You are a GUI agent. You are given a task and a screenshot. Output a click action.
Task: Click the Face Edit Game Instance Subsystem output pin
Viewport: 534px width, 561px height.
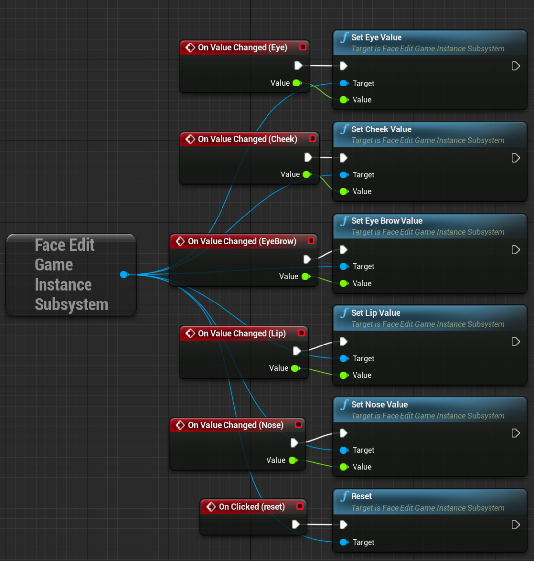[124, 274]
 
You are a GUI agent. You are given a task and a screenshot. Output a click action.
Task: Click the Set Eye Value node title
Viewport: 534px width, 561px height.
[376, 37]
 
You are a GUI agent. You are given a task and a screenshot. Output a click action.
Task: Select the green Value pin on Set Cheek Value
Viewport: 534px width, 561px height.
[344, 191]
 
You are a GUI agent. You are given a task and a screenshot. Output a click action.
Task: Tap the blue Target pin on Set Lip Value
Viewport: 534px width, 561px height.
[344, 358]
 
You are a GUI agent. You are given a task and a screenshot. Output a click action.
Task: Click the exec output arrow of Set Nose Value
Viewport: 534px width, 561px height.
[515, 433]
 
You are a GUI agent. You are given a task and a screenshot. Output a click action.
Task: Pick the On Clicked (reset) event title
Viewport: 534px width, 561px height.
[252, 507]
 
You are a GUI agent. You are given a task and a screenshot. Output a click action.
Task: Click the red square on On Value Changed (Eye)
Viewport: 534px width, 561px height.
[303, 47]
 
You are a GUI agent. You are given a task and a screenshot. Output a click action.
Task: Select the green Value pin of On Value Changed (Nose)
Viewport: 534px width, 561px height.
[293, 460]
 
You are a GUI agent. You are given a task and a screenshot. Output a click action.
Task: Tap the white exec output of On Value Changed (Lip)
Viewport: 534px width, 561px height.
[297, 351]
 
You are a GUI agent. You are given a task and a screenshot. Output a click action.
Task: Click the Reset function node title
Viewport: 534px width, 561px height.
[361, 496]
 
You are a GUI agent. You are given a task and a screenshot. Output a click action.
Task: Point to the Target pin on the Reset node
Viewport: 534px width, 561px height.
[344, 542]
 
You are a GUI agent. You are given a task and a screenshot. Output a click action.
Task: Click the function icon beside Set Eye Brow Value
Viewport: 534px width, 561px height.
[344, 221]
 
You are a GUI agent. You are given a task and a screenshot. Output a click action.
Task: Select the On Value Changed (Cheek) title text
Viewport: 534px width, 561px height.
[247, 139]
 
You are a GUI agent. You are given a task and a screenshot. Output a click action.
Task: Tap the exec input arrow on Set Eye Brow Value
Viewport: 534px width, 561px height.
[344, 250]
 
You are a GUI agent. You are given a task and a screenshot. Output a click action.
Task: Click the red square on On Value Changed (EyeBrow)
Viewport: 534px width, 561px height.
[311, 241]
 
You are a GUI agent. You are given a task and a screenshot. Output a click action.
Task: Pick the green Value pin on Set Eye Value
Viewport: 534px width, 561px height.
[344, 100]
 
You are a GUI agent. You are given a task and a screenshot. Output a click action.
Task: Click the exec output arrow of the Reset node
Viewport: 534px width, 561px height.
[515, 525]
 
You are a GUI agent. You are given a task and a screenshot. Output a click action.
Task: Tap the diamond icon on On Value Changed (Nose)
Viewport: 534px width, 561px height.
[180, 425]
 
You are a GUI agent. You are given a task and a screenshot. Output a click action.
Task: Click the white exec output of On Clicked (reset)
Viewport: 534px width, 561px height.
[296, 524]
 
